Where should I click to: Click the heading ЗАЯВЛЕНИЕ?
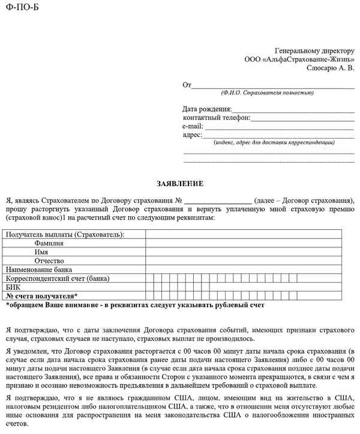[x=180, y=183]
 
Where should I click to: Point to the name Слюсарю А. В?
[x=330, y=69]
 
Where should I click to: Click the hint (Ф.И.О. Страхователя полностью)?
[x=267, y=93]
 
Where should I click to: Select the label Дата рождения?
[x=207, y=109]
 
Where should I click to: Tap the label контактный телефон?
[x=217, y=118]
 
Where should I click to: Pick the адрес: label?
[x=193, y=135]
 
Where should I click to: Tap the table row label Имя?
[x=41, y=252]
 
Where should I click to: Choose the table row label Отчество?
[x=49, y=261]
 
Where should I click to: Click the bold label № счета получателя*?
[x=41, y=297]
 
